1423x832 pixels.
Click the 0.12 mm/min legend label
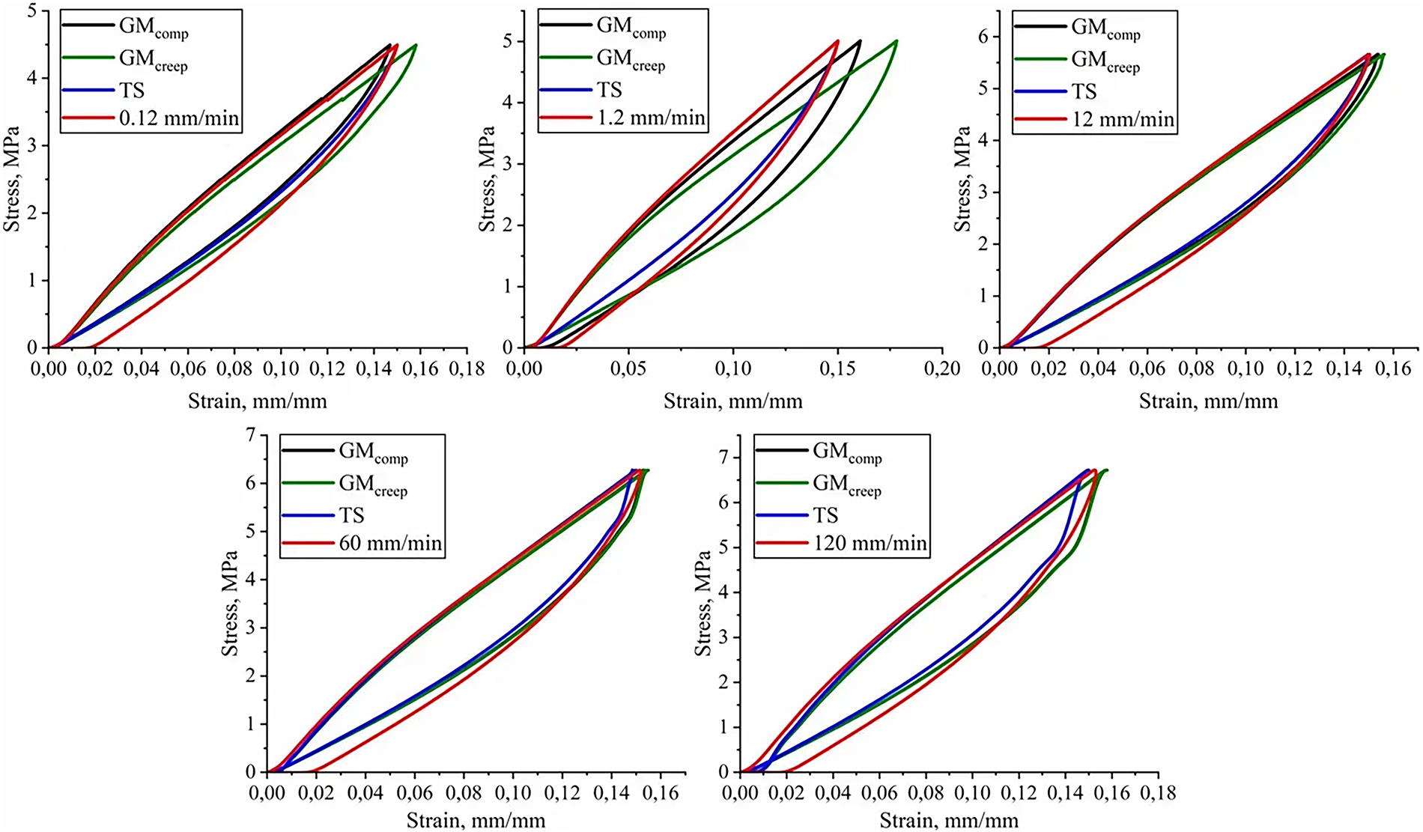click(179, 118)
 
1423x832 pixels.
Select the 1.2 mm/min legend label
click(651, 118)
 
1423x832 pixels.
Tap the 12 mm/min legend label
click(1123, 119)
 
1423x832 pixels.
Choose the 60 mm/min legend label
click(390, 543)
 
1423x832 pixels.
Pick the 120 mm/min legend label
click(870, 543)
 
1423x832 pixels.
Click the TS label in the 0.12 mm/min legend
click(132, 91)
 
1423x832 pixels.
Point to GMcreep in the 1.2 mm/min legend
click(631, 59)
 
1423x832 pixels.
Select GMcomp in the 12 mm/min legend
click(1105, 28)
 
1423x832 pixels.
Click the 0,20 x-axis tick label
click(941, 368)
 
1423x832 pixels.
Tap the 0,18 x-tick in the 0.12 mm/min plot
click(467, 368)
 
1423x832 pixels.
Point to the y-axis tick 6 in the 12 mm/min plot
click(983, 37)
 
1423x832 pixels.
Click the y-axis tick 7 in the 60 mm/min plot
click(251, 435)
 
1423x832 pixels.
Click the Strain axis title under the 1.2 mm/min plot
click(732, 401)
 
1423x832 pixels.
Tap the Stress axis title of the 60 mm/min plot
click(229, 603)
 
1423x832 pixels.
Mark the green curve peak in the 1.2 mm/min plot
click(896, 41)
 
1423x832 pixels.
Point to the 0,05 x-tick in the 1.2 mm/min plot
click(628, 368)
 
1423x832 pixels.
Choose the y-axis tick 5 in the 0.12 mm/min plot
click(31, 11)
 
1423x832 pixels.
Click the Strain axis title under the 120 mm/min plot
click(948, 821)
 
